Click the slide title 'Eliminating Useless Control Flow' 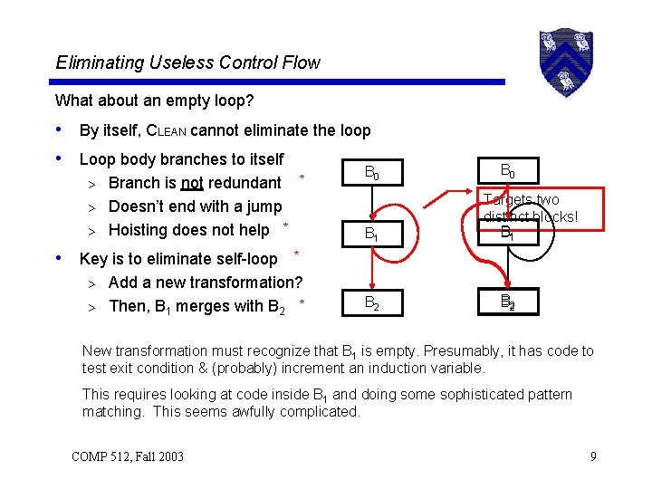(187, 62)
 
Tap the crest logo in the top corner (563, 62)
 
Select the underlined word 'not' (191, 183)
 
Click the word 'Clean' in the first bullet (166, 130)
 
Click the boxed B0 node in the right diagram (506, 169)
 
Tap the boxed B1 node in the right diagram (507, 232)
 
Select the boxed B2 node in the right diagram (507, 302)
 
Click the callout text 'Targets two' (521, 199)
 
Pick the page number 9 (592, 455)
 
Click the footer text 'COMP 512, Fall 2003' (127, 455)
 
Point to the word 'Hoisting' (138, 230)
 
